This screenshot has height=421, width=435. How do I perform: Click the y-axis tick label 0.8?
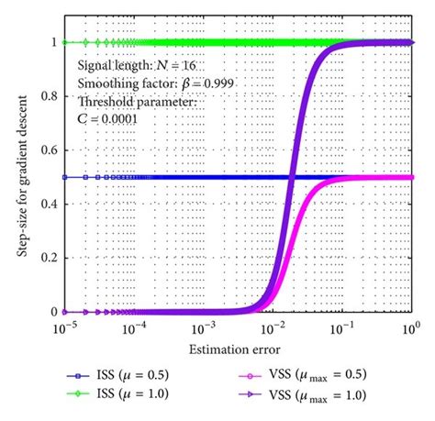[47, 96]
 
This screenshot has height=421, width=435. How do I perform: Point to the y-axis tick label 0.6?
[47, 150]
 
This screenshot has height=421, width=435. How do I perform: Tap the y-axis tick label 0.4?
[47, 205]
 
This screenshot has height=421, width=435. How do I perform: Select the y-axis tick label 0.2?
[47, 259]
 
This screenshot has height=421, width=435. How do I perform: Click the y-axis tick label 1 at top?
[52, 43]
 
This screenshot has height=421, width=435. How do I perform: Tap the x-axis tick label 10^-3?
[203, 327]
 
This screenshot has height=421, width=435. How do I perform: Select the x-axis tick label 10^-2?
[273, 327]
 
